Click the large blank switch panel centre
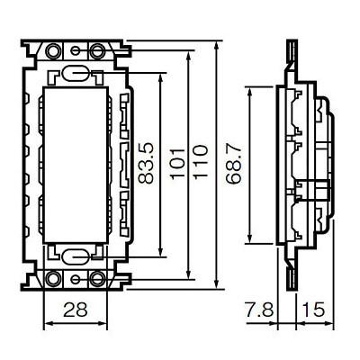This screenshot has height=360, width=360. click(76, 162)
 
